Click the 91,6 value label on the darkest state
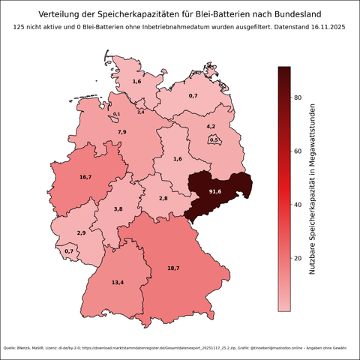click(215, 192)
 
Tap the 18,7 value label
click(173, 268)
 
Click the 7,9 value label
click(121, 132)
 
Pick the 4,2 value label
click(211, 127)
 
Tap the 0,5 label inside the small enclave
click(214, 139)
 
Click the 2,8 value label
click(163, 198)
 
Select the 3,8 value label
click(118, 209)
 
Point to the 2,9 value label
click(81, 233)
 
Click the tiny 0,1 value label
click(116, 114)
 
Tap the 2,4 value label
click(140, 112)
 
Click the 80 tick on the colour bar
click(298, 97)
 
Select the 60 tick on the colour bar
click(298, 151)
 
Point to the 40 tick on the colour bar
click(298, 204)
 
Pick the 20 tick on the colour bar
click(298, 258)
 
